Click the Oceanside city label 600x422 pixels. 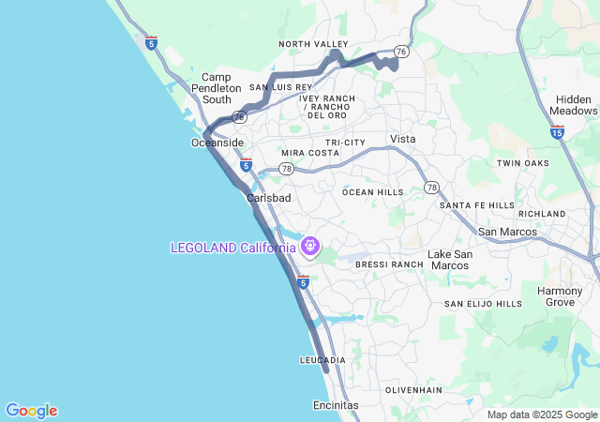pyautogui.click(x=217, y=143)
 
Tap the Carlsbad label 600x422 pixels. pyautogui.click(x=269, y=199)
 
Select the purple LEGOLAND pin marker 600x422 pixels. pyautogui.click(x=310, y=247)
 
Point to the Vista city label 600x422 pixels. pyautogui.click(x=402, y=139)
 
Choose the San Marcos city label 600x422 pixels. pyautogui.click(x=507, y=232)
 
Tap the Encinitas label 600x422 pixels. pyautogui.click(x=335, y=405)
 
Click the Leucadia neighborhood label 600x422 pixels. pyautogui.click(x=322, y=360)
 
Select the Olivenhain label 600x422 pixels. pyautogui.click(x=412, y=389)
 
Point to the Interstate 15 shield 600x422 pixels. pyautogui.click(x=558, y=133)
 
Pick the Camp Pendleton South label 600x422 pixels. pyautogui.click(x=217, y=88)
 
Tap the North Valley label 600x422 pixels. pyautogui.click(x=313, y=44)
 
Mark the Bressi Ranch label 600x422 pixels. pyautogui.click(x=389, y=265)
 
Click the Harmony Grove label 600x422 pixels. pyautogui.click(x=560, y=296)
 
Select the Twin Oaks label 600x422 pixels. pyautogui.click(x=522, y=163)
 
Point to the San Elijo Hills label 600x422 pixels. pyautogui.click(x=483, y=304)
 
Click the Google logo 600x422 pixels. pyautogui.click(x=31, y=411)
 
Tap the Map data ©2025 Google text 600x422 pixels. pyautogui.click(x=542, y=414)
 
